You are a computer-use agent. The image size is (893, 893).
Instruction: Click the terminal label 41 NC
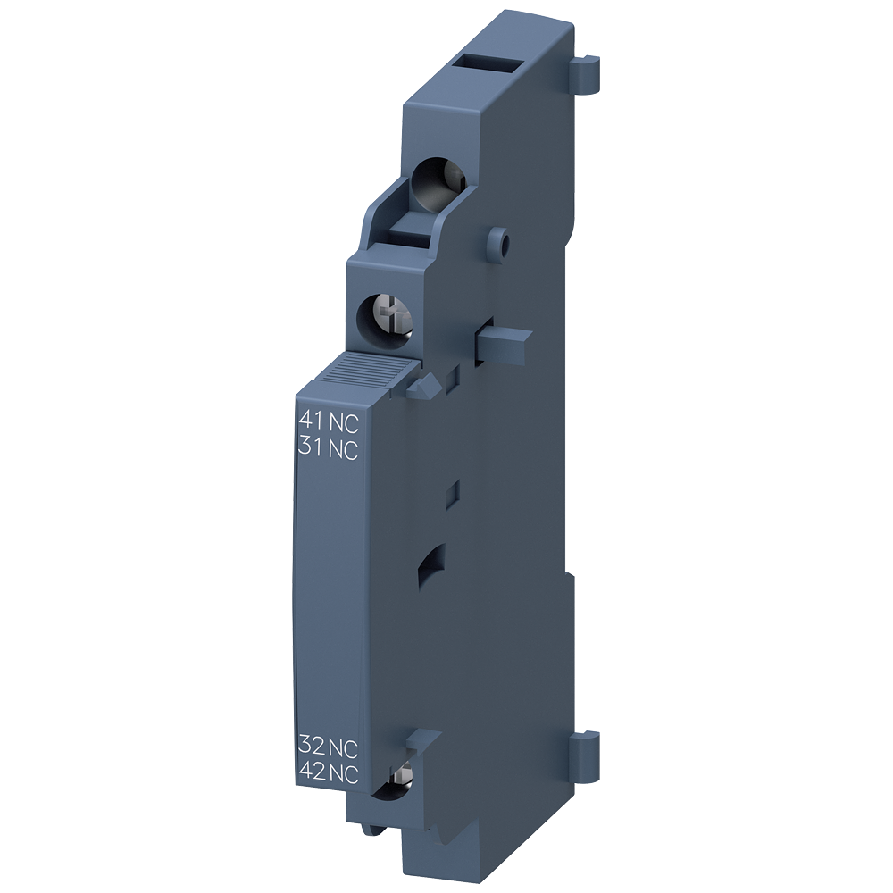pyautogui.click(x=328, y=420)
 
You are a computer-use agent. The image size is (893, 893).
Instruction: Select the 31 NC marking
pyautogui.click(x=328, y=450)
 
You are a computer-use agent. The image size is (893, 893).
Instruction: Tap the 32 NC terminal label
pyautogui.click(x=328, y=747)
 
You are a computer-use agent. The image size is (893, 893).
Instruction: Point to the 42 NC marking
pyautogui.click(x=328, y=775)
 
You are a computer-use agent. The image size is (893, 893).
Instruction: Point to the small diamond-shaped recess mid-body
pyautogui.click(x=453, y=490)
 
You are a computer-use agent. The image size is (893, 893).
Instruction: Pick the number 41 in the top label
pyautogui.click(x=310, y=420)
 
